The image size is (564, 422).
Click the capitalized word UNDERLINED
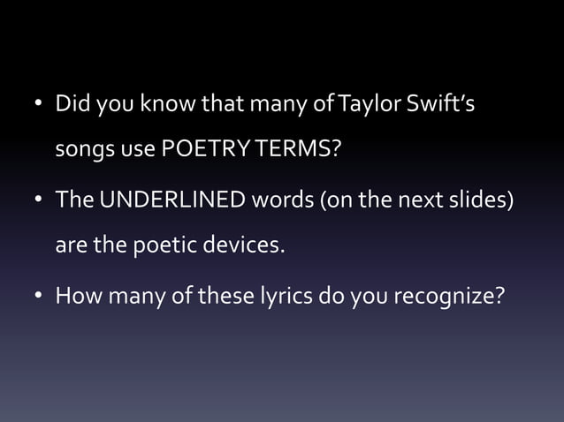pyautogui.click(x=173, y=200)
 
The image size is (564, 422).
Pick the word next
pyautogui.click(x=419, y=200)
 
